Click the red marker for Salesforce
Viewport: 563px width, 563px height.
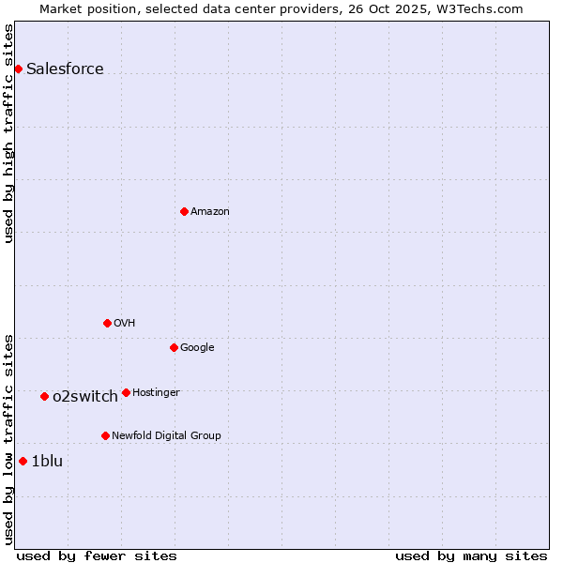point(18,68)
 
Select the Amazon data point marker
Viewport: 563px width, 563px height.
point(184,211)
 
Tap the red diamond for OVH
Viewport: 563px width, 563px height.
point(107,323)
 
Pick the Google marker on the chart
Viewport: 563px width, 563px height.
point(174,347)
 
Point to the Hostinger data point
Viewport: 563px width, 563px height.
point(126,392)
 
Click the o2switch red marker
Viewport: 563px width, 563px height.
point(44,396)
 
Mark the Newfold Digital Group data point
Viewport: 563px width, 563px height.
point(105,435)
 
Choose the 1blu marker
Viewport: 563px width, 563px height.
point(23,461)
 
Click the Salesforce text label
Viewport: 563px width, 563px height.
point(65,68)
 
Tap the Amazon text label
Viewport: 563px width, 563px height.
point(210,211)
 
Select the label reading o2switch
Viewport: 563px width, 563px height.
point(85,396)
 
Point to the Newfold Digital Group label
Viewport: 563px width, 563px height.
point(166,435)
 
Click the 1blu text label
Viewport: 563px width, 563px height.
point(47,461)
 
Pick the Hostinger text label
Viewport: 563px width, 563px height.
point(156,392)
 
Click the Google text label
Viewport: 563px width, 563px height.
point(197,347)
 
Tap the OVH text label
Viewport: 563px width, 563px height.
point(125,323)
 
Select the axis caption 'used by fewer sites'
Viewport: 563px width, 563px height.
point(97,555)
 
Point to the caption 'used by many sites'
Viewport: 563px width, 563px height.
point(471,555)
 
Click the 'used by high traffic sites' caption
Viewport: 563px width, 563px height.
point(8,133)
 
